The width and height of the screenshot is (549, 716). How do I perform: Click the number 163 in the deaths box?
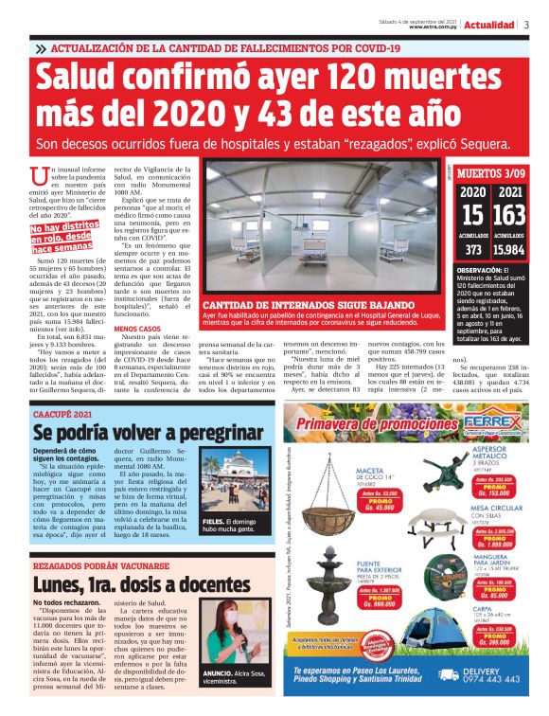(x=510, y=216)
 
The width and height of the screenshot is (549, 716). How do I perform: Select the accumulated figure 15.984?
(x=509, y=250)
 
